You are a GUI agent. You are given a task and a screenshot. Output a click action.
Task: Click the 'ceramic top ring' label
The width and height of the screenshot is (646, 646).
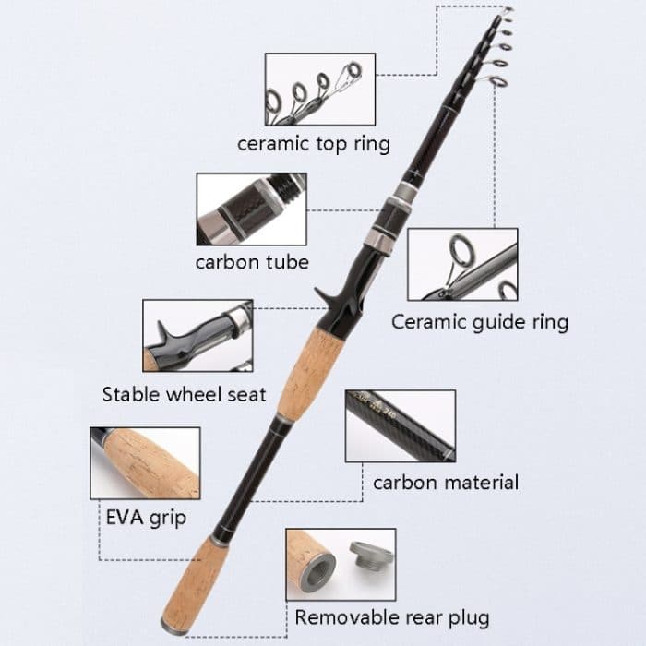click(313, 144)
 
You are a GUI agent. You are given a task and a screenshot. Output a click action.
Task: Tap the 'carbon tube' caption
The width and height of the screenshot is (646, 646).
click(252, 262)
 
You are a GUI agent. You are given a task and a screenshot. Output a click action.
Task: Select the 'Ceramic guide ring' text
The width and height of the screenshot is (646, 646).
click(479, 322)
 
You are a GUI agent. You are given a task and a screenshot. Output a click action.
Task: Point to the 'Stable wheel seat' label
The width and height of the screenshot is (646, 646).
click(184, 395)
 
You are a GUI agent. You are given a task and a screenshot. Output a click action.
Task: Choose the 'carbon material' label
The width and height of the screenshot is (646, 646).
click(445, 482)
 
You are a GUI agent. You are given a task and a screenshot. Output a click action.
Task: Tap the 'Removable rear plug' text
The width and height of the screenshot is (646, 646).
click(391, 617)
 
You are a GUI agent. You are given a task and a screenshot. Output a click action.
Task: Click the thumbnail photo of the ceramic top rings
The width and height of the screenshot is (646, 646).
click(319, 89)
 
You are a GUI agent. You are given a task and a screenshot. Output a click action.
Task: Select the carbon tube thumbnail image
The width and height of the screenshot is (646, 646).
click(251, 209)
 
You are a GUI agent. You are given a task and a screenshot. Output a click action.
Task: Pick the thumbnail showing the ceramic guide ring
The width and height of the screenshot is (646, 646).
click(462, 265)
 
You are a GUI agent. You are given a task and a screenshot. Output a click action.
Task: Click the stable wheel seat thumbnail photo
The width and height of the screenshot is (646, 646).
click(197, 334)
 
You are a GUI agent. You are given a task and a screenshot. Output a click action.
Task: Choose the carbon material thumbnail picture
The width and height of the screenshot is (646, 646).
click(400, 425)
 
